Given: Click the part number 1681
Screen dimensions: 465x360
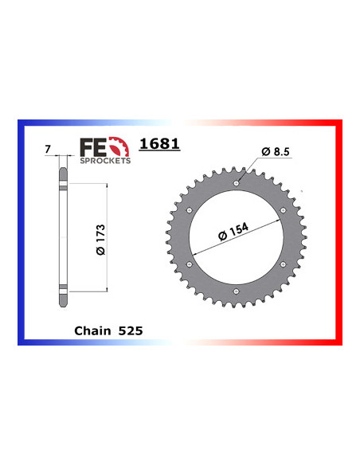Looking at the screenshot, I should (x=160, y=145).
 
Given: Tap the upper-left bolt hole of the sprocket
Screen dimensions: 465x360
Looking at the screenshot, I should (x=189, y=211).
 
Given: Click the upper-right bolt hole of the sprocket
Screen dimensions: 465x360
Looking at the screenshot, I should (x=284, y=211).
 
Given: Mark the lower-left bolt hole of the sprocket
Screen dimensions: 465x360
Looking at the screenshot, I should (x=189, y=266).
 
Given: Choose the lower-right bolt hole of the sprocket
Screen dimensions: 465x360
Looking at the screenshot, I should (x=284, y=266).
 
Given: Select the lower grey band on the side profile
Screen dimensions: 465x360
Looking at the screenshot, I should (x=63, y=285).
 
